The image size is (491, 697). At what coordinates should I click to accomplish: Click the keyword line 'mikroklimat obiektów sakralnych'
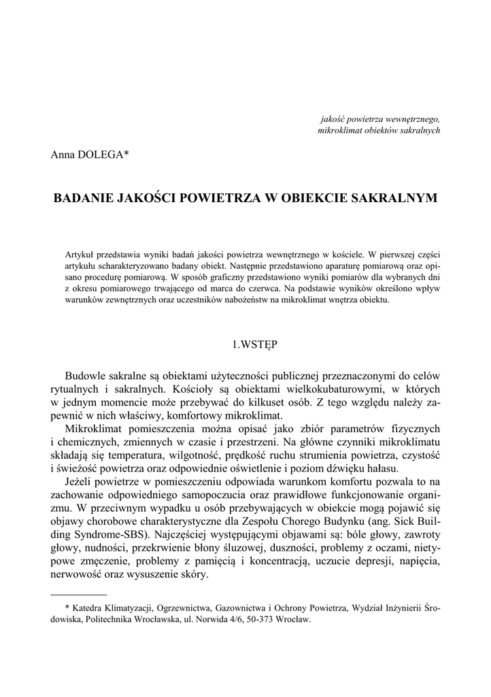[x=379, y=129]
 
